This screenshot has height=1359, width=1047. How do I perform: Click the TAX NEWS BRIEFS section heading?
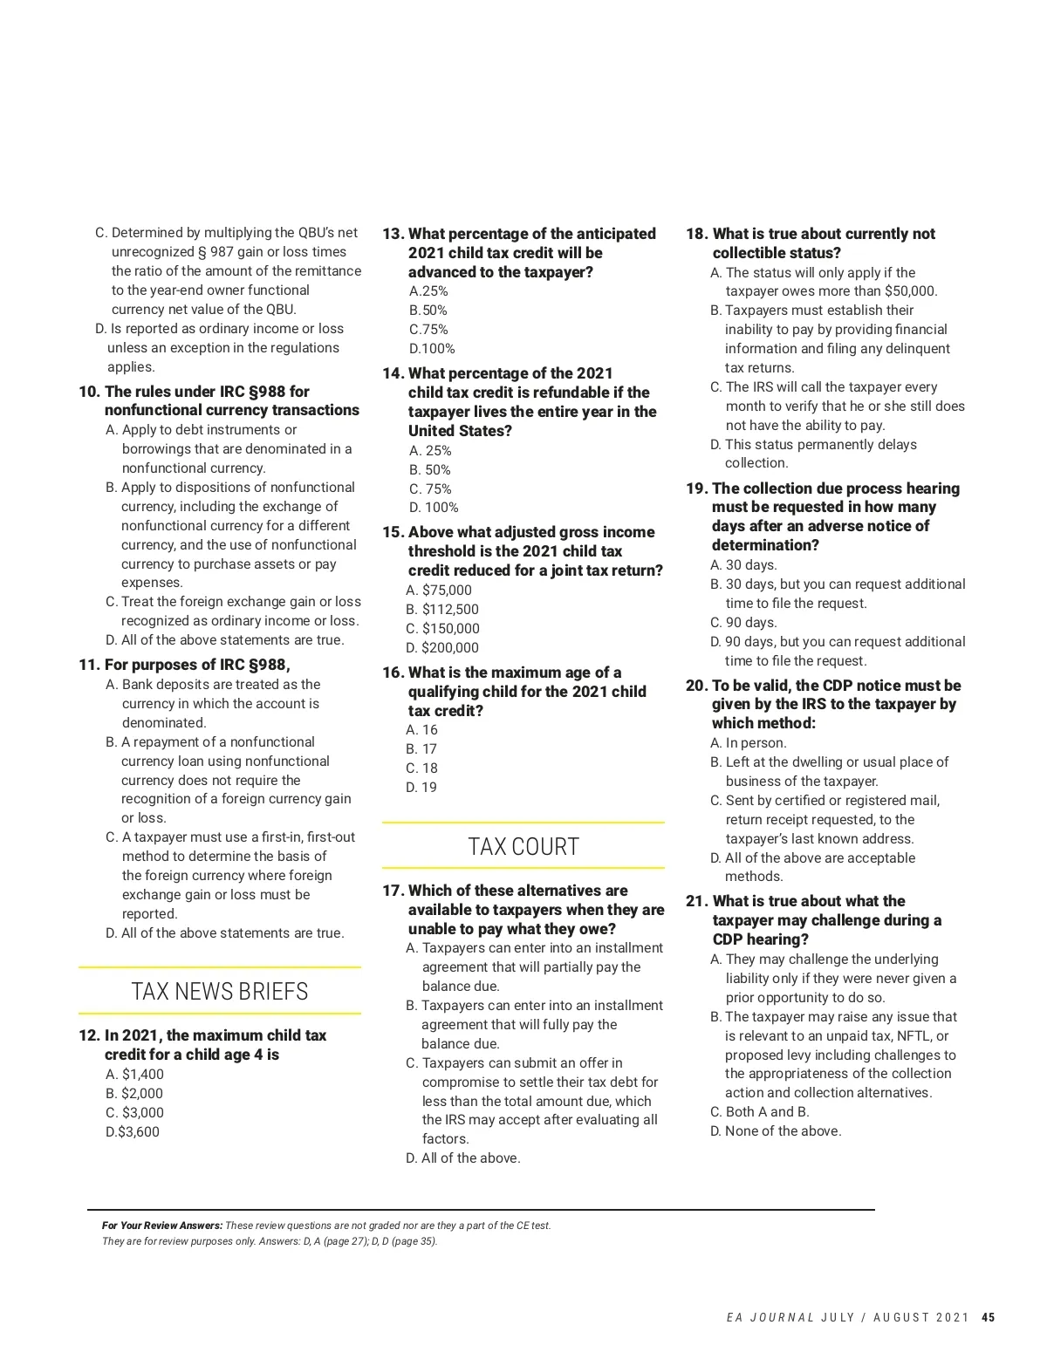pyautogui.click(x=219, y=992)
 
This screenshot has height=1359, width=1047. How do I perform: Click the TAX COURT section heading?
pyautogui.click(x=523, y=847)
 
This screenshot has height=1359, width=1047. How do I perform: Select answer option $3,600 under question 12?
pyautogui.click(x=133, y=1132)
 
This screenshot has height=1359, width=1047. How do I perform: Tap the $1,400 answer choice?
pyautogui.click(x=134, y=1075)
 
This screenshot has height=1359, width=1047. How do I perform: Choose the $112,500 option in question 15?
pyautogui.click(x=442, y=610)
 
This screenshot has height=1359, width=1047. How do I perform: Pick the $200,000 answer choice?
pyautogui.click(x=442, y=648)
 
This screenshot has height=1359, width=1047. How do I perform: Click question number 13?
pyautogui.click(x=393, y=234)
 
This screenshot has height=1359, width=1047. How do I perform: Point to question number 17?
pyautogui.click(x=393, y=891)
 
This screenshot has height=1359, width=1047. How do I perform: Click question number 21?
pyautogui.click(x=697, y=901)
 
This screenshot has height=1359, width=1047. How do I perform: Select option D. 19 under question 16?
pyautogui.click(x=421, y=788)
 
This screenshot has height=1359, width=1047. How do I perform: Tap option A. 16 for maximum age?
pyautogui.click(x=421, y=730)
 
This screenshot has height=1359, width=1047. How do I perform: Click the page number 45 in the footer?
pyautogui.click(x=988, y=1318)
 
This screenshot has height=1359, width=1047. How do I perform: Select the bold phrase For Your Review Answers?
pyautogui.click(x=162, y=1226)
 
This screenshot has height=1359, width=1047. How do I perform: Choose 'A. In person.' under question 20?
pyautogui.click(x=749, y=743)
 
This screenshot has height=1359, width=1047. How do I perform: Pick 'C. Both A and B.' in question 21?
pyautogui.click(x=760, y=1112)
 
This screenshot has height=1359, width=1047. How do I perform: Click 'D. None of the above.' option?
pyautogui.click(x=776, y=1131)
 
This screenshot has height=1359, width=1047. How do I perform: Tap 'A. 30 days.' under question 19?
pyautogui.click(x=743, y=565)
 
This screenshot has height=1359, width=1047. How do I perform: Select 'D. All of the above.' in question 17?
pyautogui.click(x=463, y=1158)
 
